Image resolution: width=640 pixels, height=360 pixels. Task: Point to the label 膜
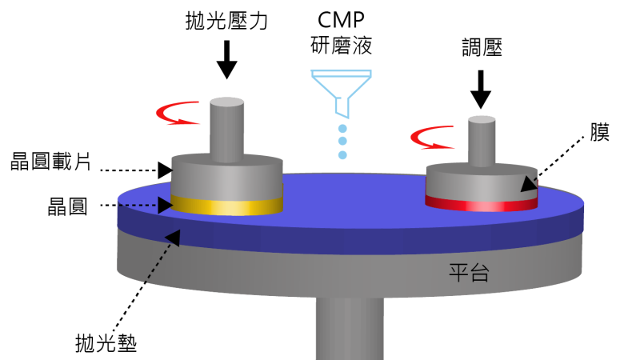pos(599,132)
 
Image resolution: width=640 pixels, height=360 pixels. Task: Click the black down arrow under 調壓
pos(480,89)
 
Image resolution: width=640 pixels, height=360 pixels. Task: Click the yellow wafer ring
pos(227,206)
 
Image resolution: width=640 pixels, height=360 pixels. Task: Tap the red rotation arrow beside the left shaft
pos(179,115)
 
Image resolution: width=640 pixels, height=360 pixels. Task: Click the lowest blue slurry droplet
pos(342,155)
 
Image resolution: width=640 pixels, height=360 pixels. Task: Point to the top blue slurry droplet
pos(342,129)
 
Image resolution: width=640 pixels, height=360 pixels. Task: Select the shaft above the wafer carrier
pos(226,128)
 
